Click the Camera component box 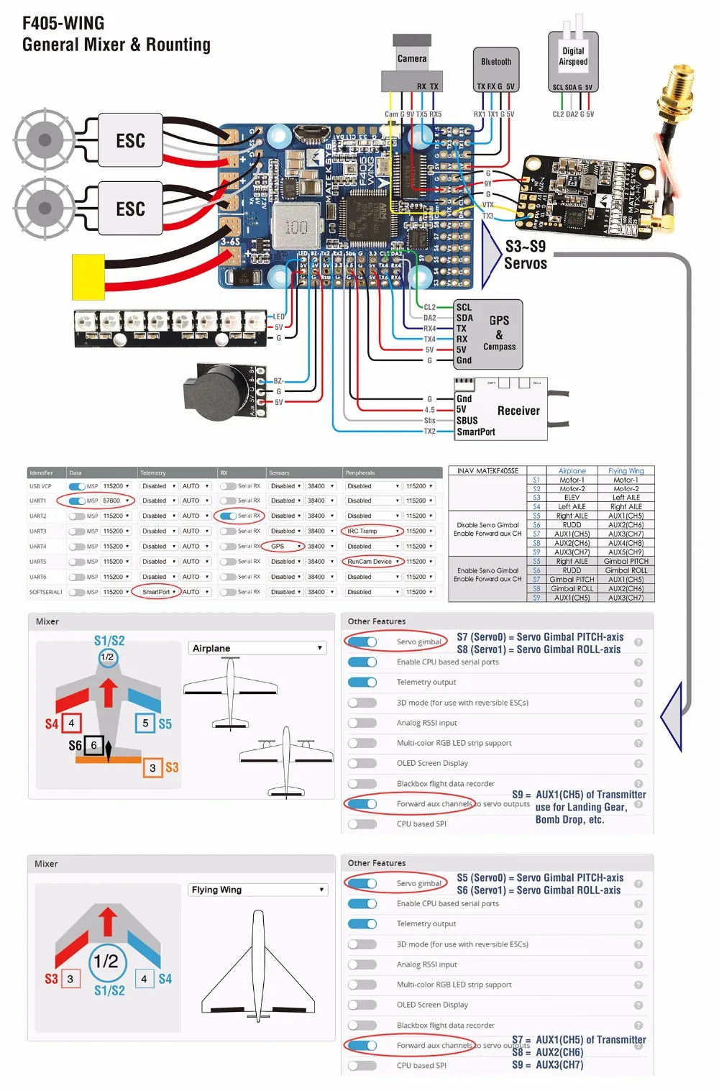point(412,59)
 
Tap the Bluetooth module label point(496,62)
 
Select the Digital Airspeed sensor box point(573,57)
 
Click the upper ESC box point(130,140)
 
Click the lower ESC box point(130,209)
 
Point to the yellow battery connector point(88,277)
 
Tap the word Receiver point(518,411)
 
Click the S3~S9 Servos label point(526,255)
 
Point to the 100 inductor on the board point(296,227)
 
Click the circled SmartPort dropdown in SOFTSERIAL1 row point(159,592)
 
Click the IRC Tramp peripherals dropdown point(372,531)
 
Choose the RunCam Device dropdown point(372,562)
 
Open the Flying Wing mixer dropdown point(257,890)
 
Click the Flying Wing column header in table point(626,471)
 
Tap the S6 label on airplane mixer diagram point(75,746)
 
